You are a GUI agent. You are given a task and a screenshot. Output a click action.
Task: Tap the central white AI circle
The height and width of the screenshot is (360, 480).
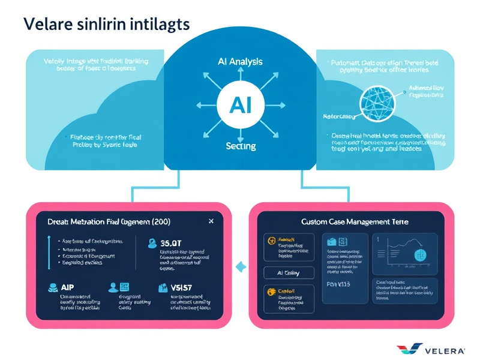click(239, 106)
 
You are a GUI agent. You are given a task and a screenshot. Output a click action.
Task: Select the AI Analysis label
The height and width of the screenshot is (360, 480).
click(239, 61)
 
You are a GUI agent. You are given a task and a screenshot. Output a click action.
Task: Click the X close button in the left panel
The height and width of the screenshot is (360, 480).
click(211, 221)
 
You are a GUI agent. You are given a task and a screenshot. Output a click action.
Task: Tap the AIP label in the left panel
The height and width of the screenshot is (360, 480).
click(67, 287)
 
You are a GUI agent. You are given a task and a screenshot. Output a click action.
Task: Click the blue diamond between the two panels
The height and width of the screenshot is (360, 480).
click(242, 265)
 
